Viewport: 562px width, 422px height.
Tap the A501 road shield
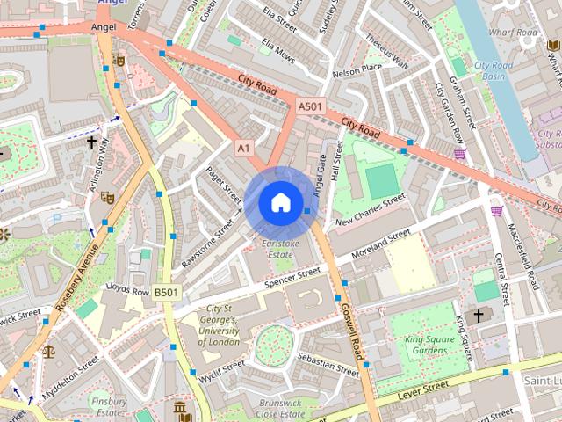pyautogui.click(x=308, y=106)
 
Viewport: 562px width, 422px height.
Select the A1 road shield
pyautogui.click(x=243, y=149)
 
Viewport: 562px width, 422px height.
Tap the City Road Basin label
pyautogui.click(x=494, y=69)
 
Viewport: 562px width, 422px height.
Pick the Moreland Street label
pyautogui.click(x=380, y=246)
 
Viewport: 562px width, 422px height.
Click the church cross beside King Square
pyautogui.click(x=479, y=315)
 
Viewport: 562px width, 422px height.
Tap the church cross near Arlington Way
pyautogui.click(x=90, y=141)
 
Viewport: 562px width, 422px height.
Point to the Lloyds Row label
pyautogui.click(x=127, y=288)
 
